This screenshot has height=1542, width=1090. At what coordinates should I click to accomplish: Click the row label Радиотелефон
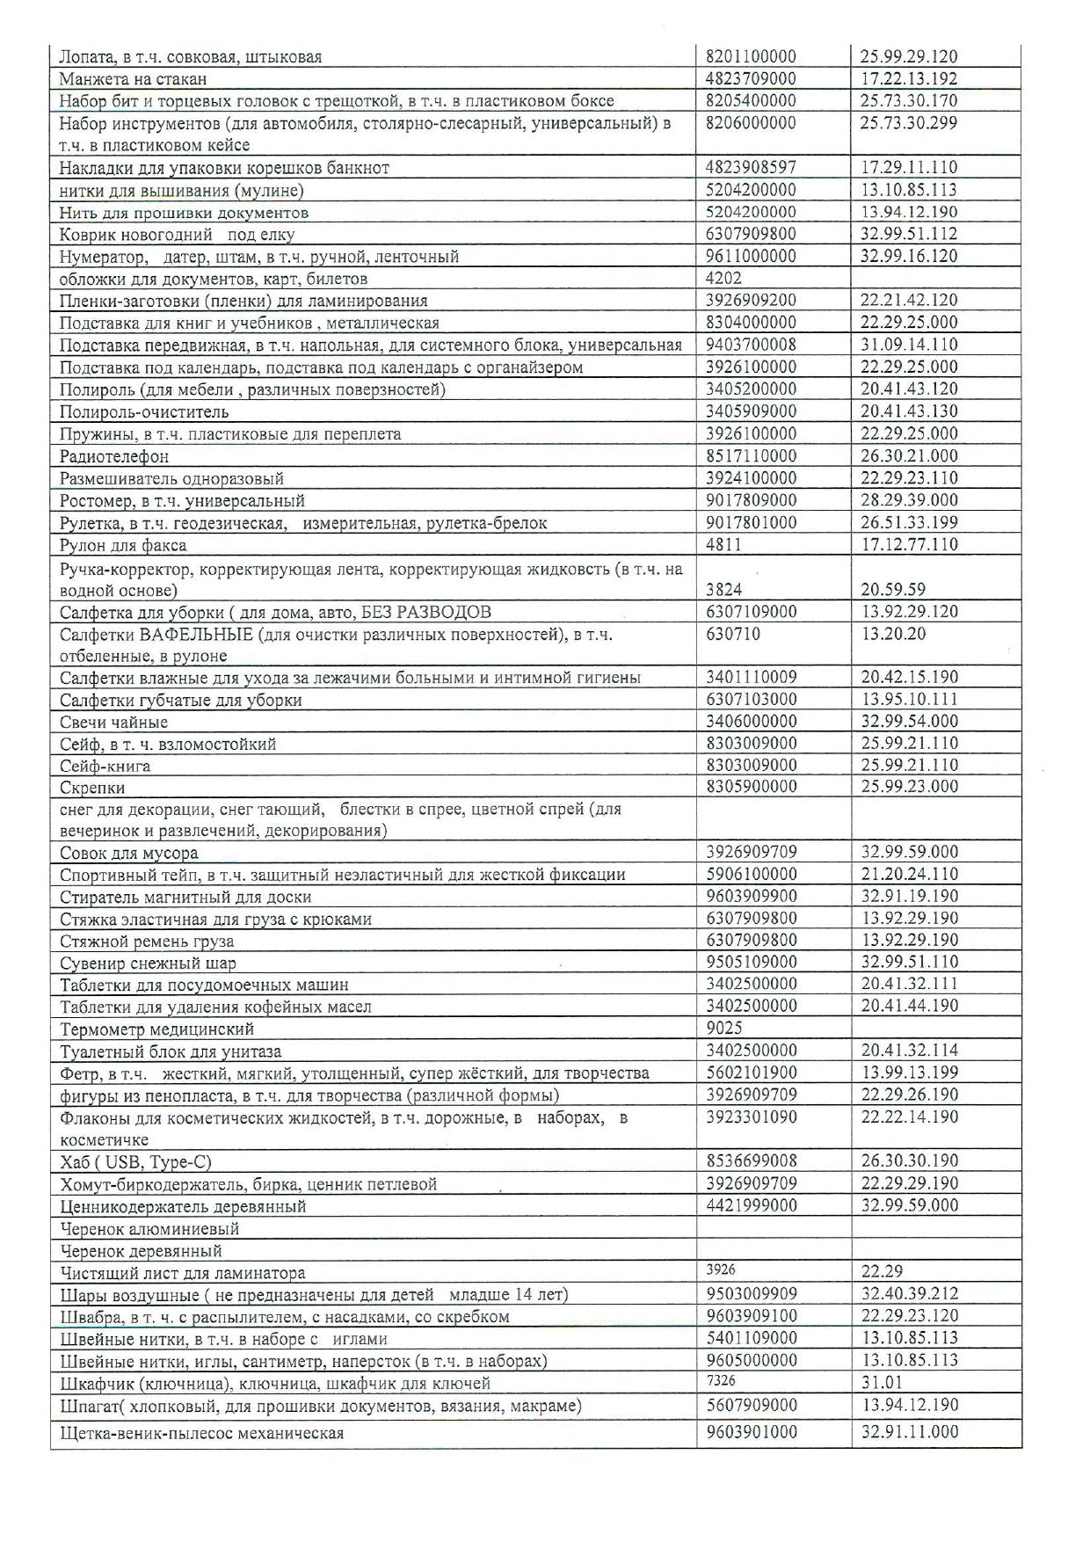(x=114, y=456)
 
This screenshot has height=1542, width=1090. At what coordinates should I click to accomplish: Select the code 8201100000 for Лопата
(x=752, y=57)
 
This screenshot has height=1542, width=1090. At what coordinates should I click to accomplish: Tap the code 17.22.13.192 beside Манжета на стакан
(x=909, y=79)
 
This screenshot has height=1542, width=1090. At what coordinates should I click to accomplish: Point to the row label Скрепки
(x=92, y=788)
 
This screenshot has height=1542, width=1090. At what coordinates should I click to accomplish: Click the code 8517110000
(x=752, y=456)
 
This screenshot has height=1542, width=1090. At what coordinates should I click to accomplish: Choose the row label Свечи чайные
(x=113, y=723)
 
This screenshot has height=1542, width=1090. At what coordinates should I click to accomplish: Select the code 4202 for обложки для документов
(x=724, y=279)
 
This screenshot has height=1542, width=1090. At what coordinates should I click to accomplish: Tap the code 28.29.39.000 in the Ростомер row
(x=909, y=500)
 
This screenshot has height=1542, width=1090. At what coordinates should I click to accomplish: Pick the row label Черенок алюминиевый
(x=149, y=1228)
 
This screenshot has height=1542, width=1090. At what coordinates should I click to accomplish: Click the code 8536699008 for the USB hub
(x=752, y=1160)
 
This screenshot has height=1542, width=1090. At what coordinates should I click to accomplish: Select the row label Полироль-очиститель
(x=144, y=411)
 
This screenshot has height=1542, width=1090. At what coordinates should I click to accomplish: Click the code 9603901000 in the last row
(x=752, y=1432)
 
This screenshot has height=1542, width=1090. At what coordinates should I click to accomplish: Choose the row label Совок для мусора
(x=128, y=853)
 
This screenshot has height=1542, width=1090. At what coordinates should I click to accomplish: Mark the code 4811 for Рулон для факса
(x=724, y=545)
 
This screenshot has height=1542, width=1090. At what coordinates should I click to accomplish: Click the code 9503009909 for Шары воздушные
(x=752, y=1294)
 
